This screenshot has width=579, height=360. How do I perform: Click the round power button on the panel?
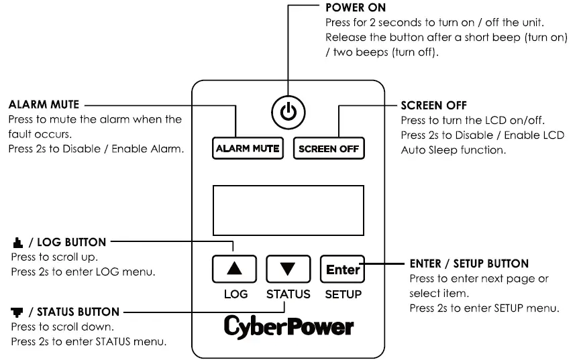[x=288, y=112]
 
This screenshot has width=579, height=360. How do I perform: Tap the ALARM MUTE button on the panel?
[x=248, y=148]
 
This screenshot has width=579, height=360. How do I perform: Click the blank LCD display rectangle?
[x=288, y=210]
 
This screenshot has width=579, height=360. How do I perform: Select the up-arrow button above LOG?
[x=235, y=269]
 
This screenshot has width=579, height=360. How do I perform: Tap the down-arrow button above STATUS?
[x=288, y=269]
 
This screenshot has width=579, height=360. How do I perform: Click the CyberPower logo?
[x=288, y=327]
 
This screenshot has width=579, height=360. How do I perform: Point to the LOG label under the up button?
[x=235, y=294]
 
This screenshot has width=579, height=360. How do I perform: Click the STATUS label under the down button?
[x=288, y=294]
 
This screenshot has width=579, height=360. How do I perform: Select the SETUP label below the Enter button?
[x=343, y=294]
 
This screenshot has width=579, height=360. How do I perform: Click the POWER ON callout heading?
[x=355, y=9]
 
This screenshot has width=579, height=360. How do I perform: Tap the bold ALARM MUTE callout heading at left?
[x=44, y=105]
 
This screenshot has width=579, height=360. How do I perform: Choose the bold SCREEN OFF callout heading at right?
[x=433, y=105]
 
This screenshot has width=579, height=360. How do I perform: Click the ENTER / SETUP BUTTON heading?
[x=468, y=263]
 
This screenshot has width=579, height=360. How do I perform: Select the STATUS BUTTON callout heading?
[x=72, y=312]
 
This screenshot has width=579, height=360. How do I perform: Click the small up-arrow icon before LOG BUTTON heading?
[x=16, y=241]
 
